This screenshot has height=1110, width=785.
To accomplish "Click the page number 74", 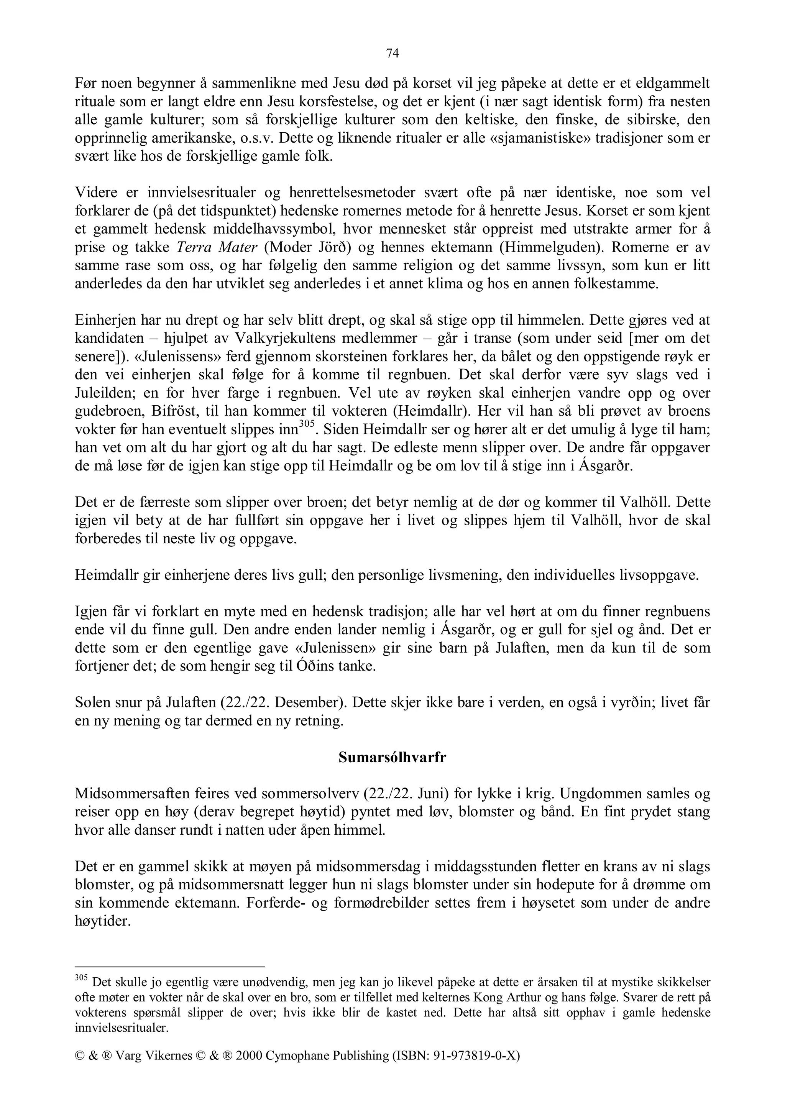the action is (392, 54).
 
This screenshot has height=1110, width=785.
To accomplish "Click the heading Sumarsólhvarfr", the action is (392, 757).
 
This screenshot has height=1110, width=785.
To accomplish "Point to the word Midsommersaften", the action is (131, 794).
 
